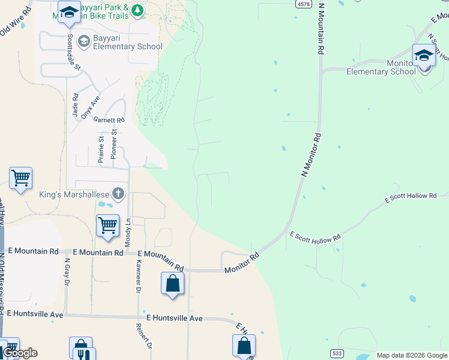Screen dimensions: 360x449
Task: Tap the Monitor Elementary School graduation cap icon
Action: point(424,56)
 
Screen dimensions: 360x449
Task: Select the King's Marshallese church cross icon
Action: point(118,194)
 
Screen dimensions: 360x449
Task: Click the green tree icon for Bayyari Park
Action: point(137,10)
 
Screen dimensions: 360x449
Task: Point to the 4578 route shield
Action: point(303,4)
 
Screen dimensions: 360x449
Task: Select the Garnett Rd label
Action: point(112,120)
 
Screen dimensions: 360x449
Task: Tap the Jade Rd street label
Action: point(75,104)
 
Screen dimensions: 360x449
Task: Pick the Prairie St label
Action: point(101,149)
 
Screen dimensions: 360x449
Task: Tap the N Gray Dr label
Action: point(67,273)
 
